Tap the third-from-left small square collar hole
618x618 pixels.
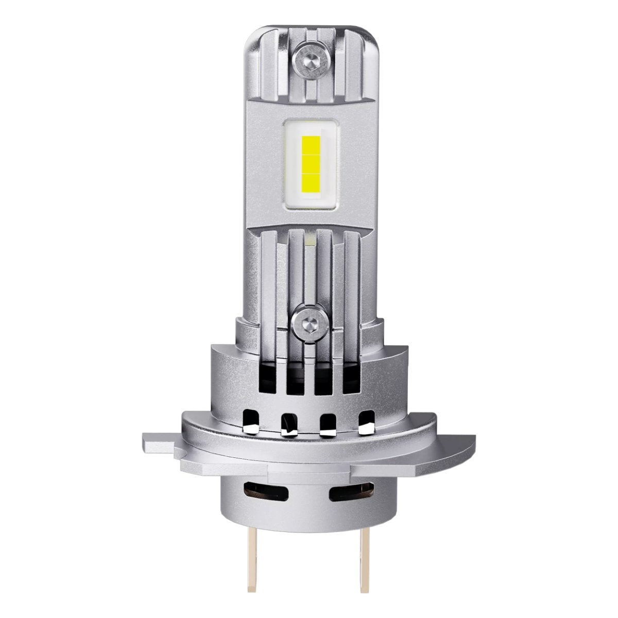(328, 421)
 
